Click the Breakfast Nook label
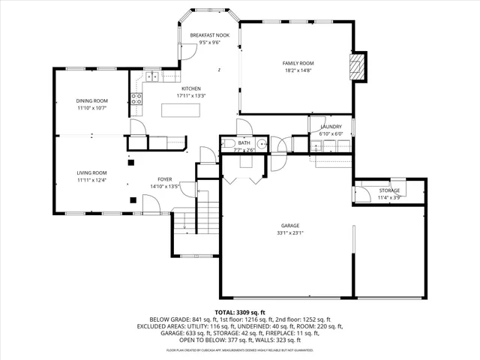pos(204,35)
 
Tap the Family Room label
pos(298,63)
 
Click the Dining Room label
pos(91,100)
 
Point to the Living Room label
pos(91,172)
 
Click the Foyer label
pos(163,179)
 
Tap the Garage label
pos(290,225)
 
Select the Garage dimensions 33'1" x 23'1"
pos(290,232)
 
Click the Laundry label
pos(331,127)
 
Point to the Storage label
pos(388,190)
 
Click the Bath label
pos(244,142)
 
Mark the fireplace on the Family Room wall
pos(360,66)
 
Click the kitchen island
pos(183,111)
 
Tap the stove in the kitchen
pos(137,97)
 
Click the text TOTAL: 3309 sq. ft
pos(239,311)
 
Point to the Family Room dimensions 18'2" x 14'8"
pos(298,70)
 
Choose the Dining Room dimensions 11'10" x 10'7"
pos(91,108)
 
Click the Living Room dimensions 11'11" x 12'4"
pos(91,180)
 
